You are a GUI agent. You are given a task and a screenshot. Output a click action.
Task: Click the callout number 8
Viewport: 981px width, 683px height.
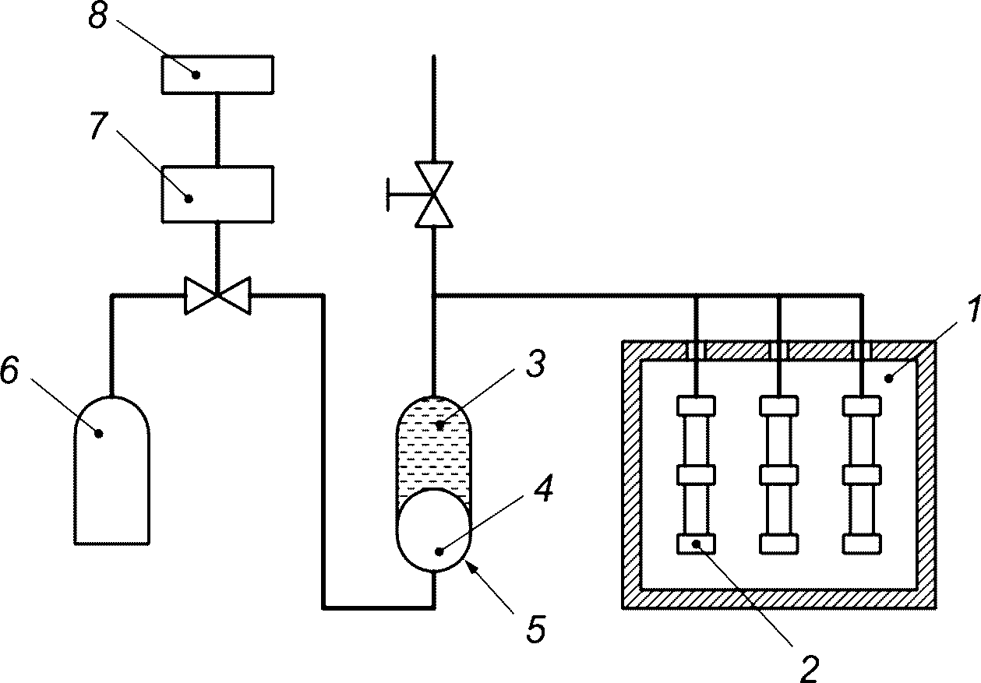pyautogui.click(x=98, y=17)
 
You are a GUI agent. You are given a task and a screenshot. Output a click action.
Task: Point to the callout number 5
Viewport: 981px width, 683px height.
pyautogui.click(x=535, y=630)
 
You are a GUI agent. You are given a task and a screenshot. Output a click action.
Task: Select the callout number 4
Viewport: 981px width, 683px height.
pyautogui.click(x=543, y=488)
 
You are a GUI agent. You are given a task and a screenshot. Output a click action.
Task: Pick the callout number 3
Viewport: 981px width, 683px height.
pyautogui.click(x=535, y=364)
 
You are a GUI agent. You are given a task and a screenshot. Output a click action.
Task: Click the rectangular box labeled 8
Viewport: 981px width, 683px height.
pyautogui.click(x=217, y=75)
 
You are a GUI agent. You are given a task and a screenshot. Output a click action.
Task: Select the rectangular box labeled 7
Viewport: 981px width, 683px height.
pyautogui.click(x=217, y=194)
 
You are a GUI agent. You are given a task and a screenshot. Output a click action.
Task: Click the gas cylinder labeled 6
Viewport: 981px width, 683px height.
pyautogui.click(x=112, y=470)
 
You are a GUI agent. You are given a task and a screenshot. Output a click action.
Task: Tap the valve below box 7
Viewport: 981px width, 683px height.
pyautogui.click(x=217, y=295)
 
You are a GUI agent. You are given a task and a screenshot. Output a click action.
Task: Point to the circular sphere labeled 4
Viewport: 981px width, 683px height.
pyautogui.click(x=434, y=530)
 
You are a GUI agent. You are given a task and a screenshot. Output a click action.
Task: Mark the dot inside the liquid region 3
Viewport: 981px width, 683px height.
pyautogui.click(x=439, y=424)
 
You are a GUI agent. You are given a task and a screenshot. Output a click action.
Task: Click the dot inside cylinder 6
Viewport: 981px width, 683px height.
pyautogui.click(x=99, y=434)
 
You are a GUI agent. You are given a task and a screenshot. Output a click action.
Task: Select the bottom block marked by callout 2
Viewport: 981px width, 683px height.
pyautogui.click(x=697, y=544)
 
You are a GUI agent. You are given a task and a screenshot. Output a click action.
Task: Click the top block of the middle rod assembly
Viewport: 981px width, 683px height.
pyautogui.click(x=778, y=406)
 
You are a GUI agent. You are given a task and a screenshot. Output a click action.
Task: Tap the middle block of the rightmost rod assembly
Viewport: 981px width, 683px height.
pyautogui.click(x=862, y=475)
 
